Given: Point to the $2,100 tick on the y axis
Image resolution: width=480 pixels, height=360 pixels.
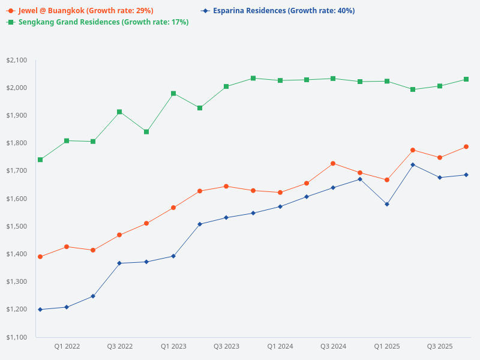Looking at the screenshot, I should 17,60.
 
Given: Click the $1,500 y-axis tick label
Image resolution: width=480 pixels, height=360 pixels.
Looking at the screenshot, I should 17,226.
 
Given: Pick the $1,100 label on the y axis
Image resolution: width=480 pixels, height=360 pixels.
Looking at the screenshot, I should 17,337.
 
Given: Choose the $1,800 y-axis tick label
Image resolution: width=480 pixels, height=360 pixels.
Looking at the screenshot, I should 17,143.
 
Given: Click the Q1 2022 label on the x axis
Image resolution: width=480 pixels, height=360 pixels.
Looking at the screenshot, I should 67,346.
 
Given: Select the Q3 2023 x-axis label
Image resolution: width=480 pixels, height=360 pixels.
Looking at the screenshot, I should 226,346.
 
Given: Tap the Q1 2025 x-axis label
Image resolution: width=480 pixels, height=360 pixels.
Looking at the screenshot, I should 386,346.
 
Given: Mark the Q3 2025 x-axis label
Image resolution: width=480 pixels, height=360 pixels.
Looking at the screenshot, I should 439,346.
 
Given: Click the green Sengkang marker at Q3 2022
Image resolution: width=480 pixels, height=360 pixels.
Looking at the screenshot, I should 119,112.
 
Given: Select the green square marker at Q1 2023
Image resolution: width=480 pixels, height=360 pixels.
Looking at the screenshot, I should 173,94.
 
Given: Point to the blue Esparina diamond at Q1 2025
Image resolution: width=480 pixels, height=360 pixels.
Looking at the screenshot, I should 386,204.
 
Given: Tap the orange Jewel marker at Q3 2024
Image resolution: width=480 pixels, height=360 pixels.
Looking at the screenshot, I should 333,163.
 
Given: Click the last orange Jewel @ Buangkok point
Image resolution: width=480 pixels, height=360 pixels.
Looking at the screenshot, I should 466,146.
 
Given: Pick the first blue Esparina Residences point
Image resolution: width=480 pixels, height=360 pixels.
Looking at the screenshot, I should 40,310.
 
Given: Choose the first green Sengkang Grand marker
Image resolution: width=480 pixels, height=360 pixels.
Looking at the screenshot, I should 40,160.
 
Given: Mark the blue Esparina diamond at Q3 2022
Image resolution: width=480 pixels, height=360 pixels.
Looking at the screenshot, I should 119,263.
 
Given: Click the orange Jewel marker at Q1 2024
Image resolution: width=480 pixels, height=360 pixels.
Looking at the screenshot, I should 280,193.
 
